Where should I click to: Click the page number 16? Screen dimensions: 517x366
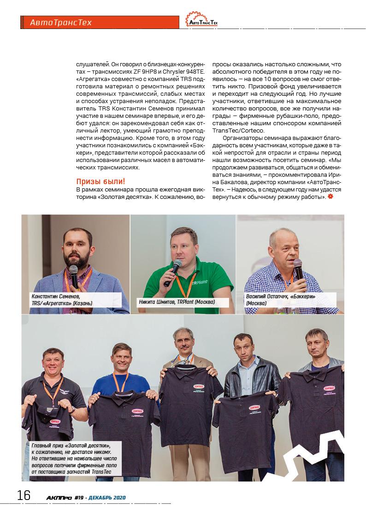pos(24,495)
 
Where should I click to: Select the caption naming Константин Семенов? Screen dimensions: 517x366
pos(61,300)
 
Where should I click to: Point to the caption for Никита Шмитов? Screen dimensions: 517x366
pos(177,302)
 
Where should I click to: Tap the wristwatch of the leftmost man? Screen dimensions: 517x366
pos(72,408)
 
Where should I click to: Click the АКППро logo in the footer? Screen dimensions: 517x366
pos(59,497)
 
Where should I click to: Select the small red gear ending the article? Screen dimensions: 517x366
pos(330,197)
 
